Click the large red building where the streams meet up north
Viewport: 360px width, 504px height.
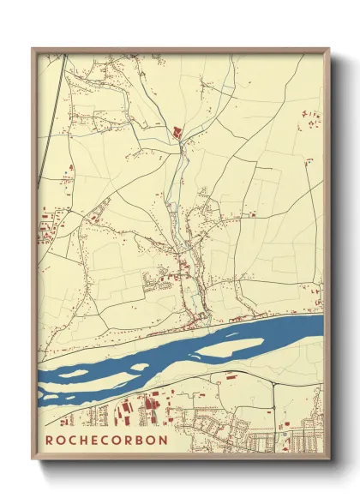(x=178, y=131)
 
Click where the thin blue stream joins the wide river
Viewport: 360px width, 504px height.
(x=203, y=326)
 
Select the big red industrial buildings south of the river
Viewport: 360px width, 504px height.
(x=150, y=408)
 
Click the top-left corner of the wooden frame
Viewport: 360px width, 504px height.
(x=33, y=49)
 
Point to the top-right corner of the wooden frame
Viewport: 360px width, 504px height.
(x=329, y=49)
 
